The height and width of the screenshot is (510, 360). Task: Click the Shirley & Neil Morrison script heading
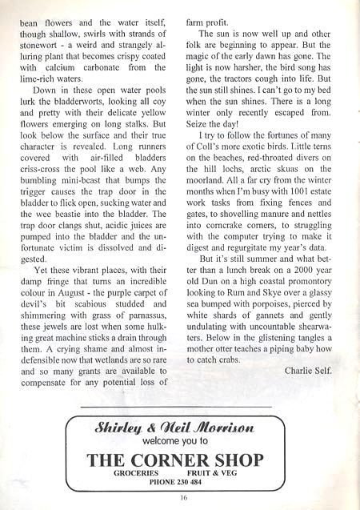click(x=180, y=424)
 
